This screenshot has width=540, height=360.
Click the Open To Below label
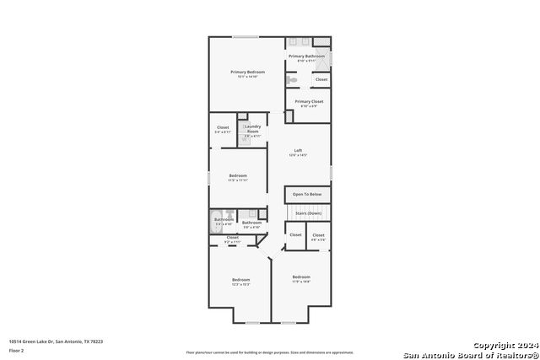click(x=307, y=195)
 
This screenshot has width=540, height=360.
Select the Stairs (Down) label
click(x=307, y=213)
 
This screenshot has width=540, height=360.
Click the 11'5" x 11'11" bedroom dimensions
click(x=238, y=180)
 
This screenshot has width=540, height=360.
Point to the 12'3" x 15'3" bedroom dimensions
click(x=241, y=284)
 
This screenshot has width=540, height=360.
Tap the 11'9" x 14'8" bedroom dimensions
click(x=301, y=281)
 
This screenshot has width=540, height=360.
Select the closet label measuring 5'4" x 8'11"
click(x=223, y=132)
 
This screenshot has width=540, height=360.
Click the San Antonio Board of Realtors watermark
click(x=470, y=354)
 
